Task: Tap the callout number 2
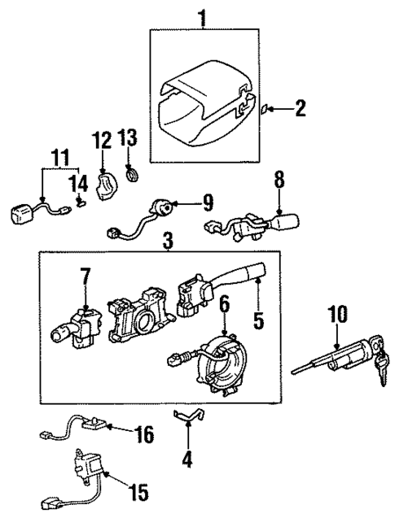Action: (300, 108)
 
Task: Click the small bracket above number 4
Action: (189, 417)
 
